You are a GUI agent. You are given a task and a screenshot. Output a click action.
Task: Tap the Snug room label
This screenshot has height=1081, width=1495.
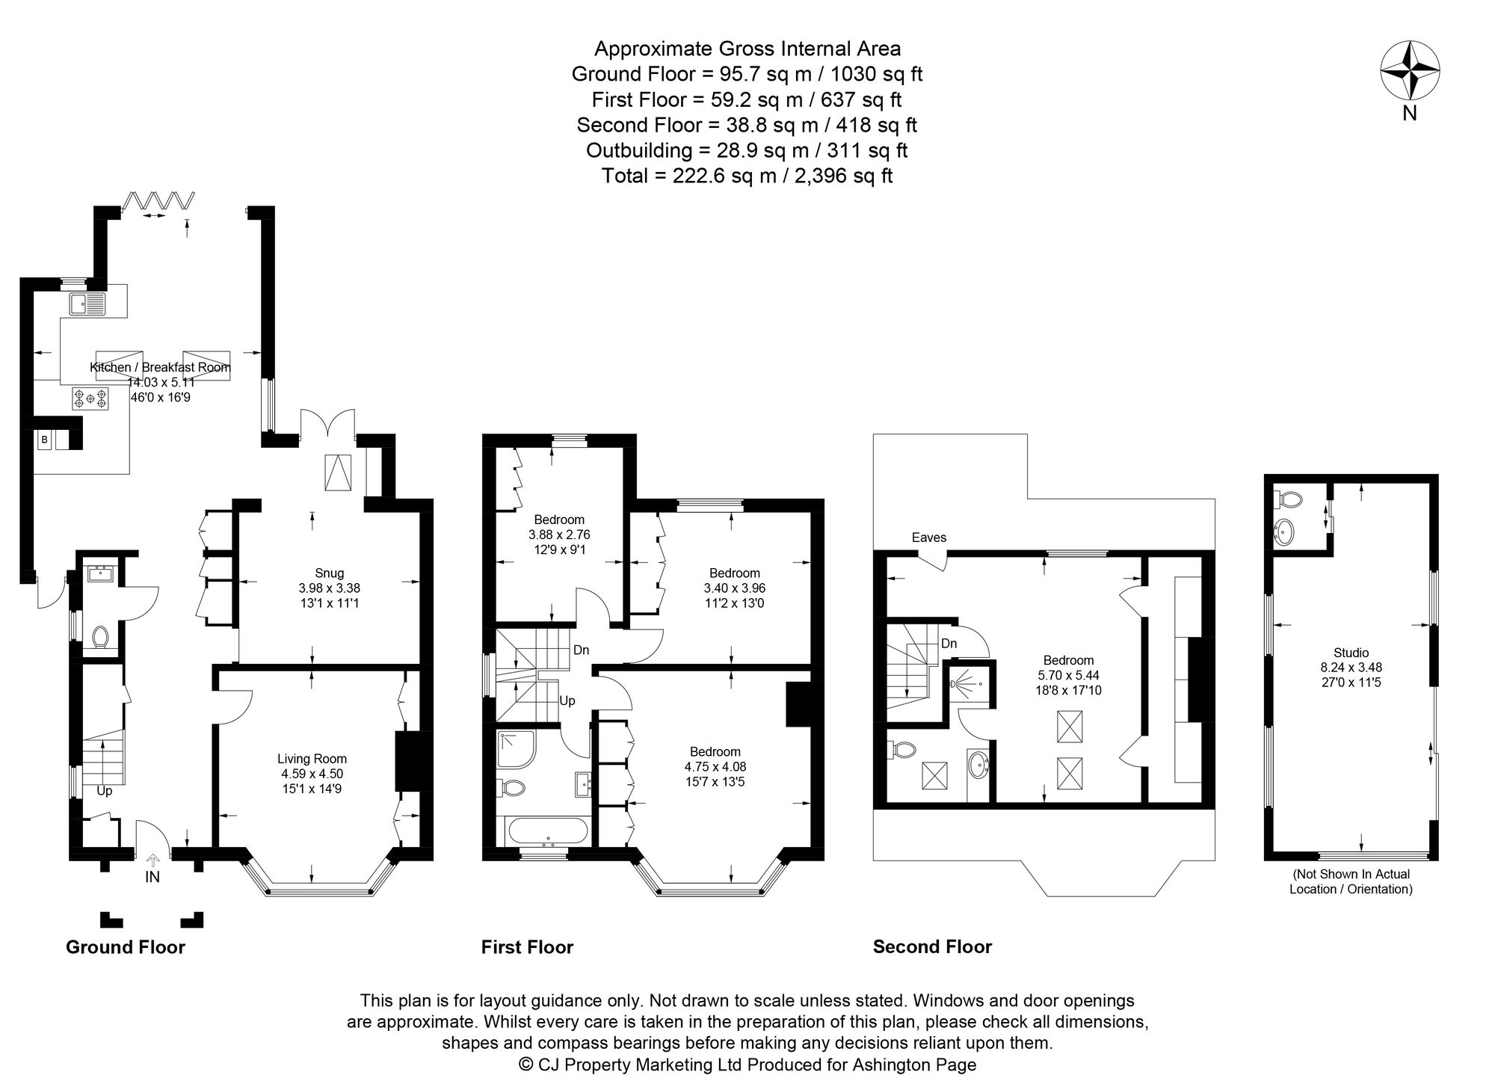pos(329,573)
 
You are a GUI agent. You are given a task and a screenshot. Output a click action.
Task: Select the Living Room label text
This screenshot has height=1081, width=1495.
pos(312,759)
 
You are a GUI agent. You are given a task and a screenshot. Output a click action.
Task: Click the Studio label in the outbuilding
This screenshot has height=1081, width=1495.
pos(1351,653)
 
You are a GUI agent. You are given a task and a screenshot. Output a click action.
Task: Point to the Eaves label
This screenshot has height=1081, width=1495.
pos(928,538)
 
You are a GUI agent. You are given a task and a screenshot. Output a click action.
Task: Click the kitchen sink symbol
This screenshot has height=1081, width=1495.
pos(87,304)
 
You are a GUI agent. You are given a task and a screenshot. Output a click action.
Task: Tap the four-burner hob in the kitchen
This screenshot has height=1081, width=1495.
pos(90,398)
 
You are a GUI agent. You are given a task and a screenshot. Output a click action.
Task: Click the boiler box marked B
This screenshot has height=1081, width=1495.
pos(44,440)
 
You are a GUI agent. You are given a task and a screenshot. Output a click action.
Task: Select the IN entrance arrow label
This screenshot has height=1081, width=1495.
pos(152,877)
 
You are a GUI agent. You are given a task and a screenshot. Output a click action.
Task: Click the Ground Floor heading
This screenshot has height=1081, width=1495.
pos(125,947)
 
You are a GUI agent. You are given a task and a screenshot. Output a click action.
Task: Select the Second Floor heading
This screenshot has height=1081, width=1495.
pos(931,947)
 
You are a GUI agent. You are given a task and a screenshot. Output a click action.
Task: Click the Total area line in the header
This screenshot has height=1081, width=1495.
pos(747,176)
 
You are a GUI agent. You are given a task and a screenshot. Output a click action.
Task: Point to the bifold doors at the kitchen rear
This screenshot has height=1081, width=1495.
pos(159,201)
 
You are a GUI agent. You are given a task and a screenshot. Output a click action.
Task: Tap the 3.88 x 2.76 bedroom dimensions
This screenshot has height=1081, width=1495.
pos(559,535)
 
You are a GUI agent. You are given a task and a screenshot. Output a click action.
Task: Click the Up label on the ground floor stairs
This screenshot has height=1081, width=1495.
pos(104,790)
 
